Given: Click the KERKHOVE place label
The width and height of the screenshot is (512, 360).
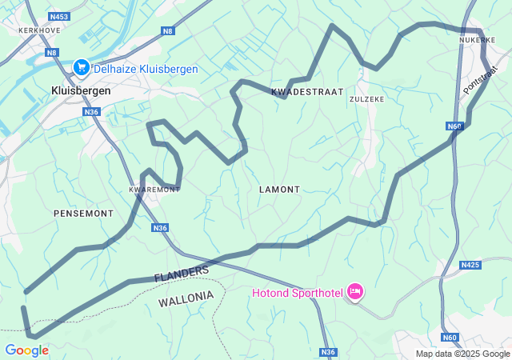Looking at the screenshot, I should click(22, 30).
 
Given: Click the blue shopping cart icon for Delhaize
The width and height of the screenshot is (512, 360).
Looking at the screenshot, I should click(81, 69).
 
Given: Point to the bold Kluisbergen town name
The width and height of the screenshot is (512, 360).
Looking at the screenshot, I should click(81, 91).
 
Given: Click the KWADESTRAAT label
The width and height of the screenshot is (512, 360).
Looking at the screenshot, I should click(307, 92).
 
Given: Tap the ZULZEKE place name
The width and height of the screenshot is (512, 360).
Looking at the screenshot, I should click(367, 99).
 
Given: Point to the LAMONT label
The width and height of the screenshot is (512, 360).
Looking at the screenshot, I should click(280, 190).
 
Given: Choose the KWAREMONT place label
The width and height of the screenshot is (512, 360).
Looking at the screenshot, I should click(154, 190).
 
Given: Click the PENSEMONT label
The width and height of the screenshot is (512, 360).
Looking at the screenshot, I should click(83, 214).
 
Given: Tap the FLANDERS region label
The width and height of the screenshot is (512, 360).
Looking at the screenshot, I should click(182, 274).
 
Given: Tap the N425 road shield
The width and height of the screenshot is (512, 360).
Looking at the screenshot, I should click(470, 264).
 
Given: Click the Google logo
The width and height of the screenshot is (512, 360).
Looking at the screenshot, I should click(26, 350).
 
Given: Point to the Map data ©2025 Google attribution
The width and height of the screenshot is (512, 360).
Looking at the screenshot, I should click(462, 354).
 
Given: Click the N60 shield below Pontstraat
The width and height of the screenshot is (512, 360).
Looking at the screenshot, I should click(455, 126).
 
